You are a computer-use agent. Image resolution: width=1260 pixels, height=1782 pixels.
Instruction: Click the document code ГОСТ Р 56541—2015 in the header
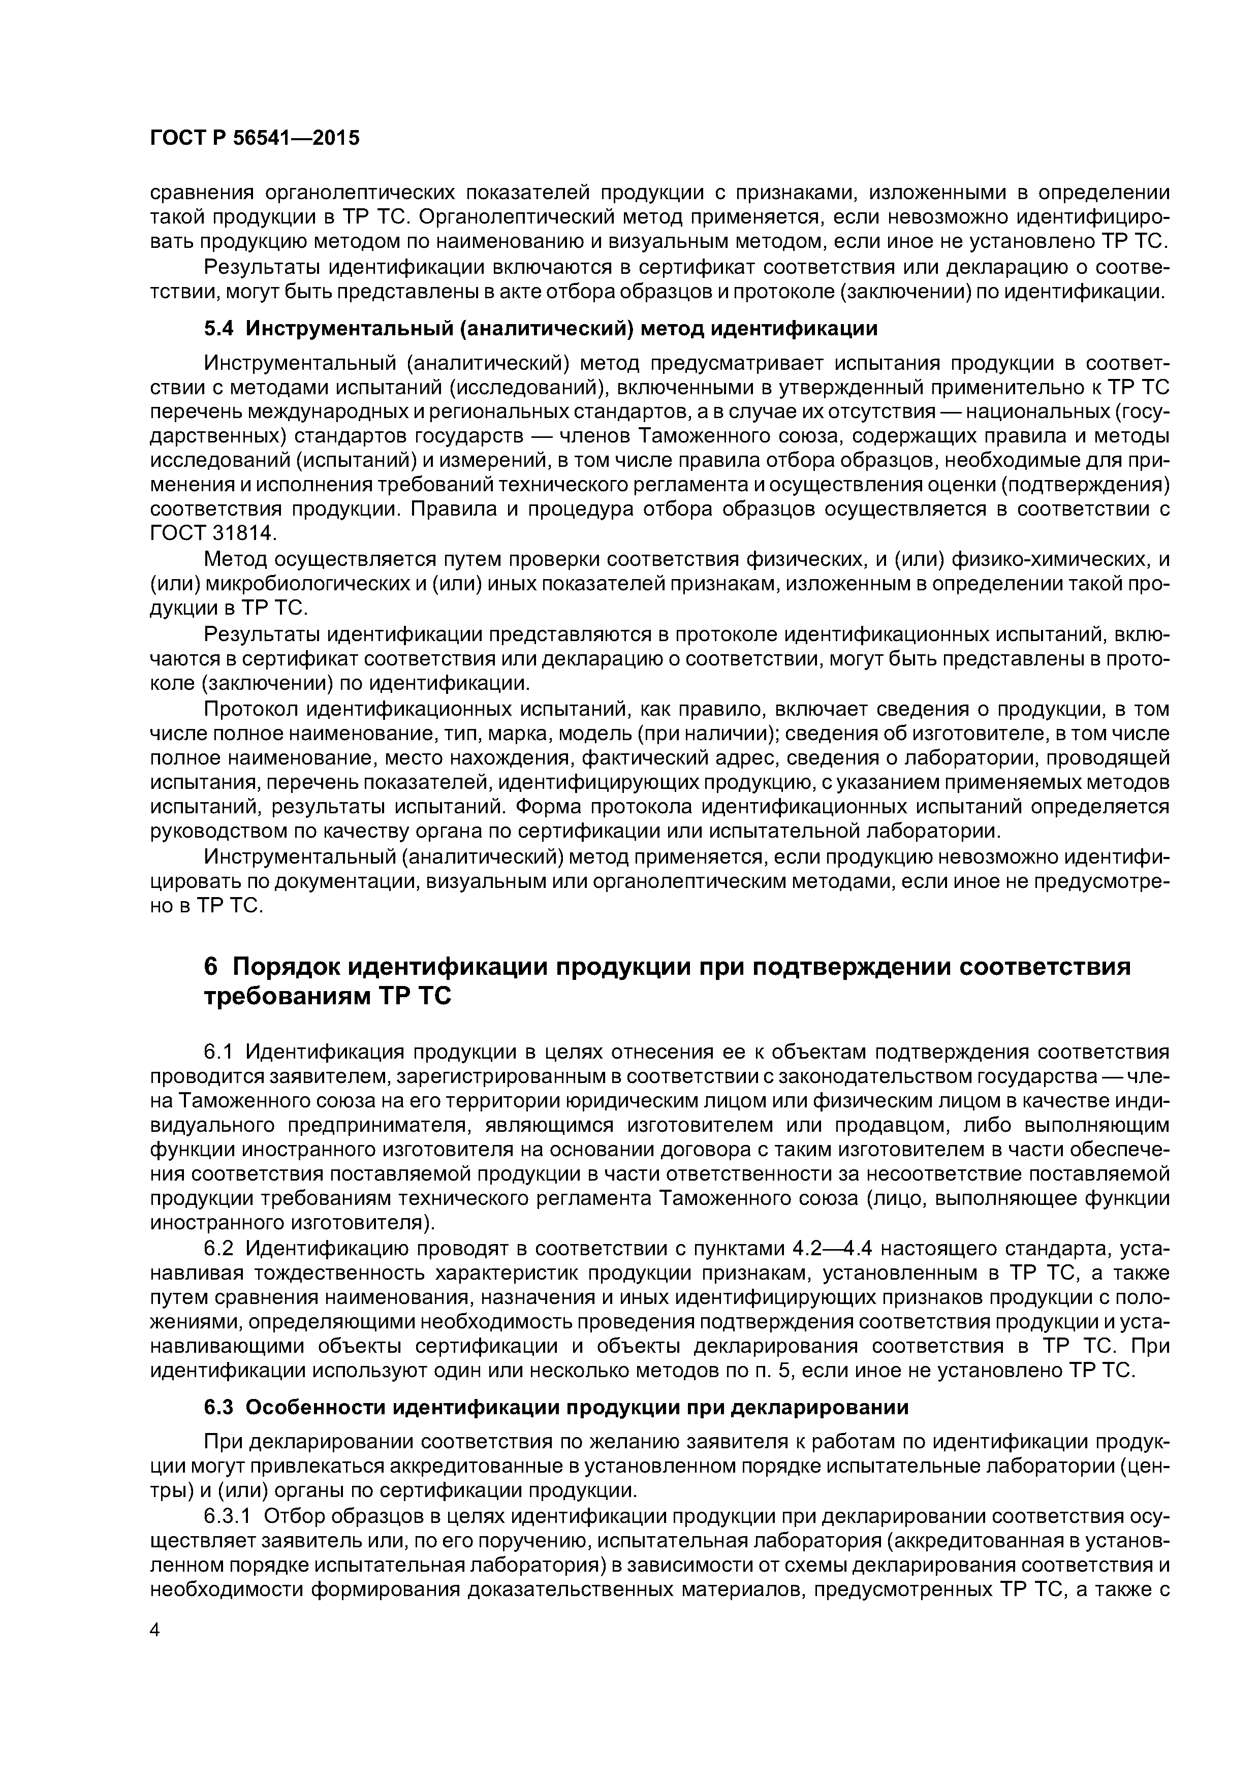255,138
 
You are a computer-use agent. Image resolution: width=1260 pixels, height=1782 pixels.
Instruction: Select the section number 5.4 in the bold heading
218,328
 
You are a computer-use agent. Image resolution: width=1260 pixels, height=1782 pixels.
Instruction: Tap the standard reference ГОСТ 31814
212,534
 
